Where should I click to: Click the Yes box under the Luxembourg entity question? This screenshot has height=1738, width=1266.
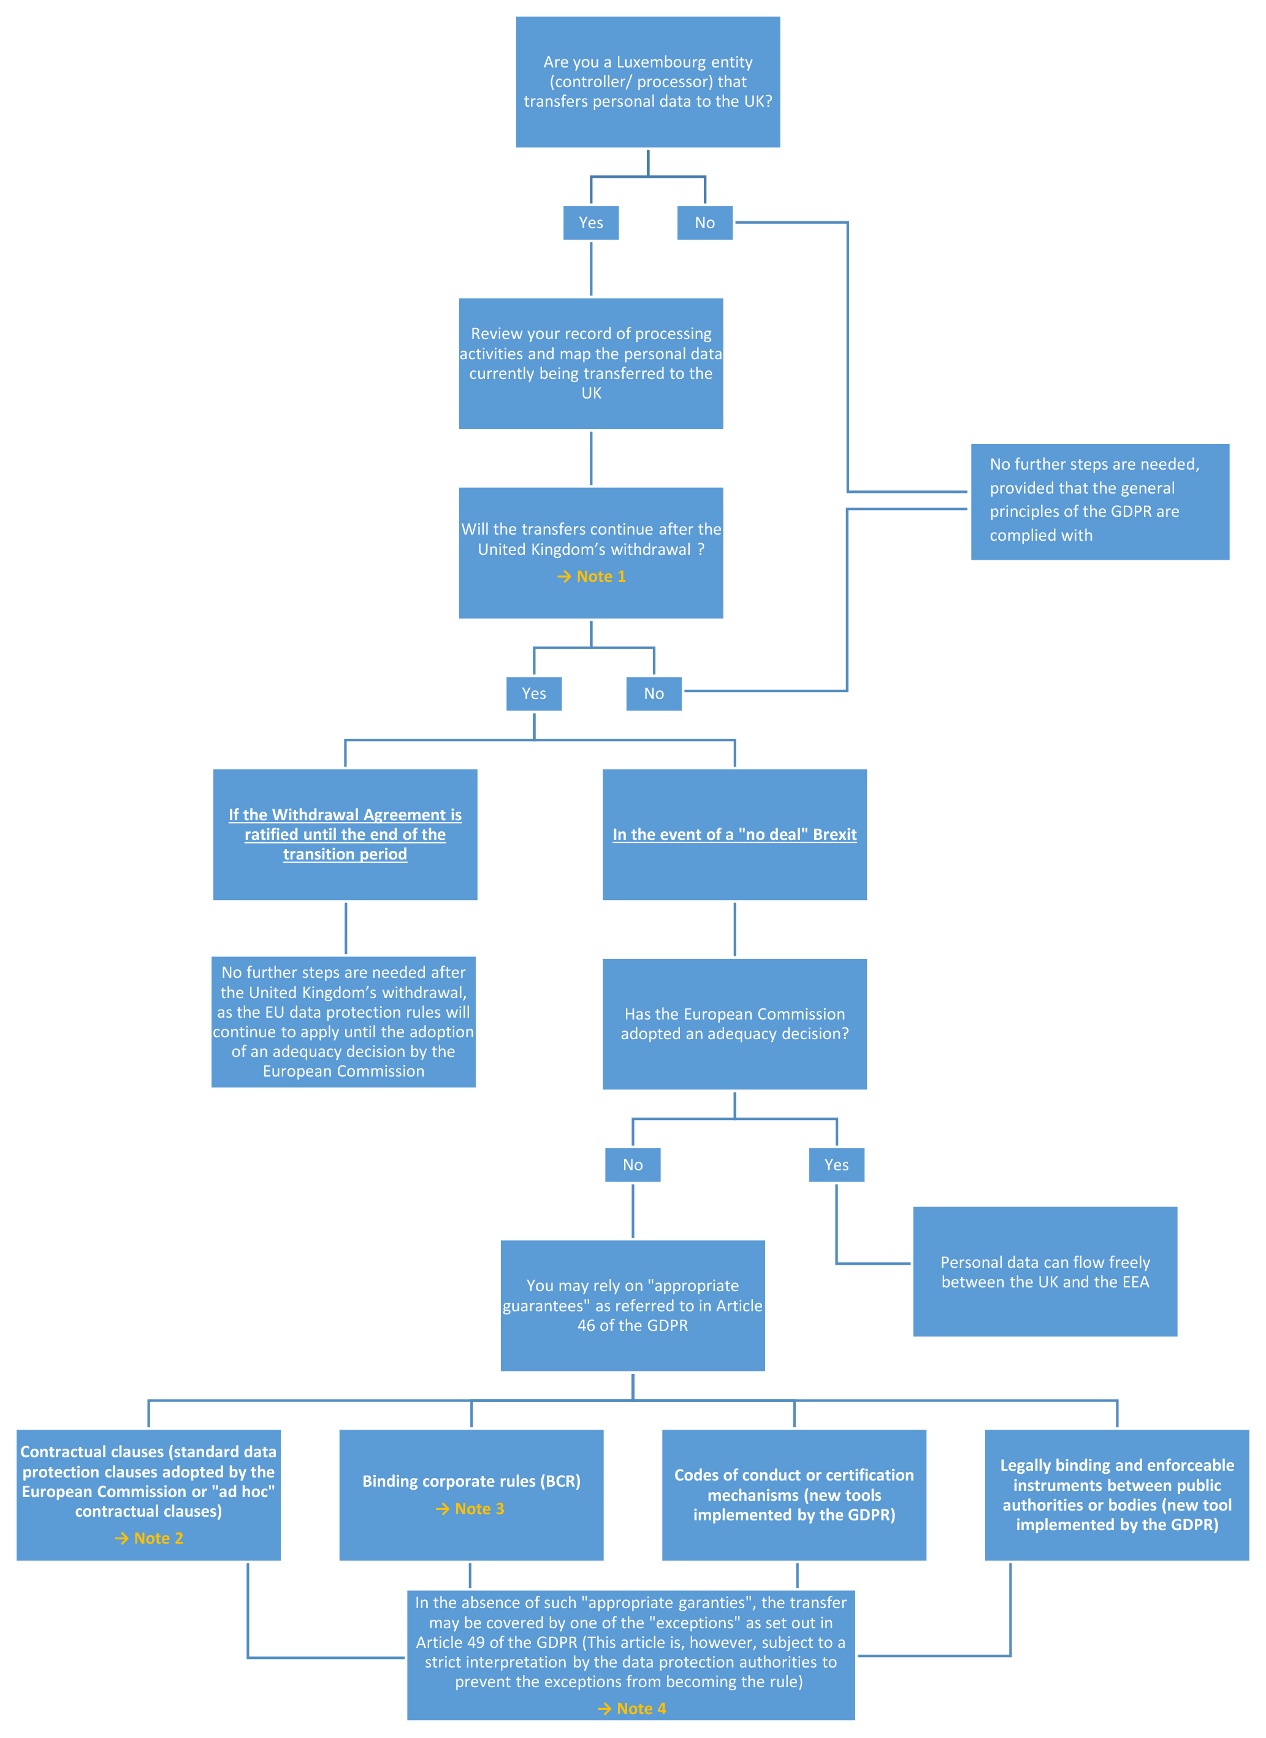(x=591, y=223)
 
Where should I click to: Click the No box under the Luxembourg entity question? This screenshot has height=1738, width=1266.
(x=705, y=223)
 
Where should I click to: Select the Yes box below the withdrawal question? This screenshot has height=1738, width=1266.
(x=534, y=693)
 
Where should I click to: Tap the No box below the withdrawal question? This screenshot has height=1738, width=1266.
(x=654, y=693)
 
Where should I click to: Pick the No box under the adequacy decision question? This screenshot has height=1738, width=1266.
(x=633, y=1165)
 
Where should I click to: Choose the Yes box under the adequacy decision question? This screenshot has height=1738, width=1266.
(x=837, y=1165)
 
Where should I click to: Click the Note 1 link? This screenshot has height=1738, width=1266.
(x=592, y=576)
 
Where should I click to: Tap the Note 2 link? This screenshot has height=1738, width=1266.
(x=148, y=1538)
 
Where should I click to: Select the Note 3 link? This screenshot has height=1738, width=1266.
(x=470, y=1509)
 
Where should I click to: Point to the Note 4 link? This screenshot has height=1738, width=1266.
(x=631, y=1709)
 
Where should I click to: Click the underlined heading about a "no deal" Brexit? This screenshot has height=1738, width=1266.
(x=735, y=834)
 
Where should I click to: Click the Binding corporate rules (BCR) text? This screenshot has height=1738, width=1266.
(x=471, y=1481)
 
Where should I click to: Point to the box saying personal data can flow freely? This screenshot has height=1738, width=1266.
(x=1045, y=1272)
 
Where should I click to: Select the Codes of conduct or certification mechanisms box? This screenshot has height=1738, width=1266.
(x=794, y=1495)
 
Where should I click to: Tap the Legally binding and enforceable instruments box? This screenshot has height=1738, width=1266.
(x=1117, y=1495)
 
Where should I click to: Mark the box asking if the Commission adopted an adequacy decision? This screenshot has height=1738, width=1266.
(x=735, y=1024)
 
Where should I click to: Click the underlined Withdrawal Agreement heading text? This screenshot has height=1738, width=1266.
(x=346, y=834)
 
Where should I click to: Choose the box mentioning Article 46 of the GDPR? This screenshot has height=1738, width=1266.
(x=633, y=1306)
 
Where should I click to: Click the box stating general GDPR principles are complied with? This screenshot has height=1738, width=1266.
(x=1100, y=502)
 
